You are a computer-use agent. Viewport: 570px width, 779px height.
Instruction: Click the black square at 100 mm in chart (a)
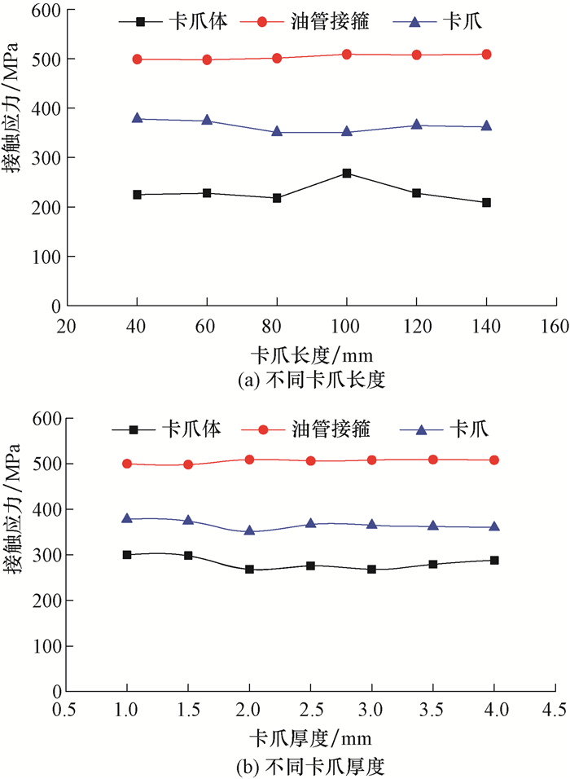tap(347, 174)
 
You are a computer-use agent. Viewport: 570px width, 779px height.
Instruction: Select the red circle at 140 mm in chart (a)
tap(486, 55)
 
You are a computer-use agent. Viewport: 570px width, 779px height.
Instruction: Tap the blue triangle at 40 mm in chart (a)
tap(137, 118)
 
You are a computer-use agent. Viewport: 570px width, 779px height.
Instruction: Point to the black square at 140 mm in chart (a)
tap(486, 202)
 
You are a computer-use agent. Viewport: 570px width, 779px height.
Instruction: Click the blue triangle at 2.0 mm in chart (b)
tap(249, 530)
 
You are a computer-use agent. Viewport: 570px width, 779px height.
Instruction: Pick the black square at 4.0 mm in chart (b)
tap(494, 561)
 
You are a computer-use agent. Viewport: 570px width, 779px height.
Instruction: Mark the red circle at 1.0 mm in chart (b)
tap(127, 464)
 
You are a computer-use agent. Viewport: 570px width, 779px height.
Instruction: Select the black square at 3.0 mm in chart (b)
tap(371, 569)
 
